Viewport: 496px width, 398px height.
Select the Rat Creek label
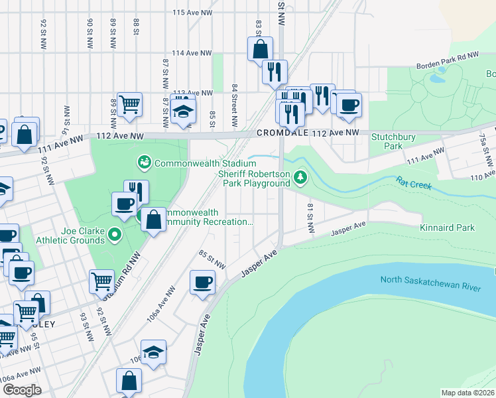tap(414, 182)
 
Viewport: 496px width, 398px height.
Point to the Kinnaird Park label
tap(447, 228)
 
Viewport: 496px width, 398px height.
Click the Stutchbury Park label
tap(387, 141)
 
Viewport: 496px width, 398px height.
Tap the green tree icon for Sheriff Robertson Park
tap(301, 176)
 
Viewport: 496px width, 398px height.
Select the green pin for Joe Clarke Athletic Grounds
tap(115, 233)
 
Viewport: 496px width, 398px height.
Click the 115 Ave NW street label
tap(192, 13)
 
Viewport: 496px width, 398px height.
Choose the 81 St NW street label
tap(310, 218)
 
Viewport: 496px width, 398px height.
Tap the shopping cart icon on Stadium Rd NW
tap(101, 281)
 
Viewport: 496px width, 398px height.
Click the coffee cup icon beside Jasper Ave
tap(202, 282)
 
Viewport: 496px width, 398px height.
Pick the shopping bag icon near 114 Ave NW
tap(260, 48)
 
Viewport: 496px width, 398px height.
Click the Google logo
tap(22, 390)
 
